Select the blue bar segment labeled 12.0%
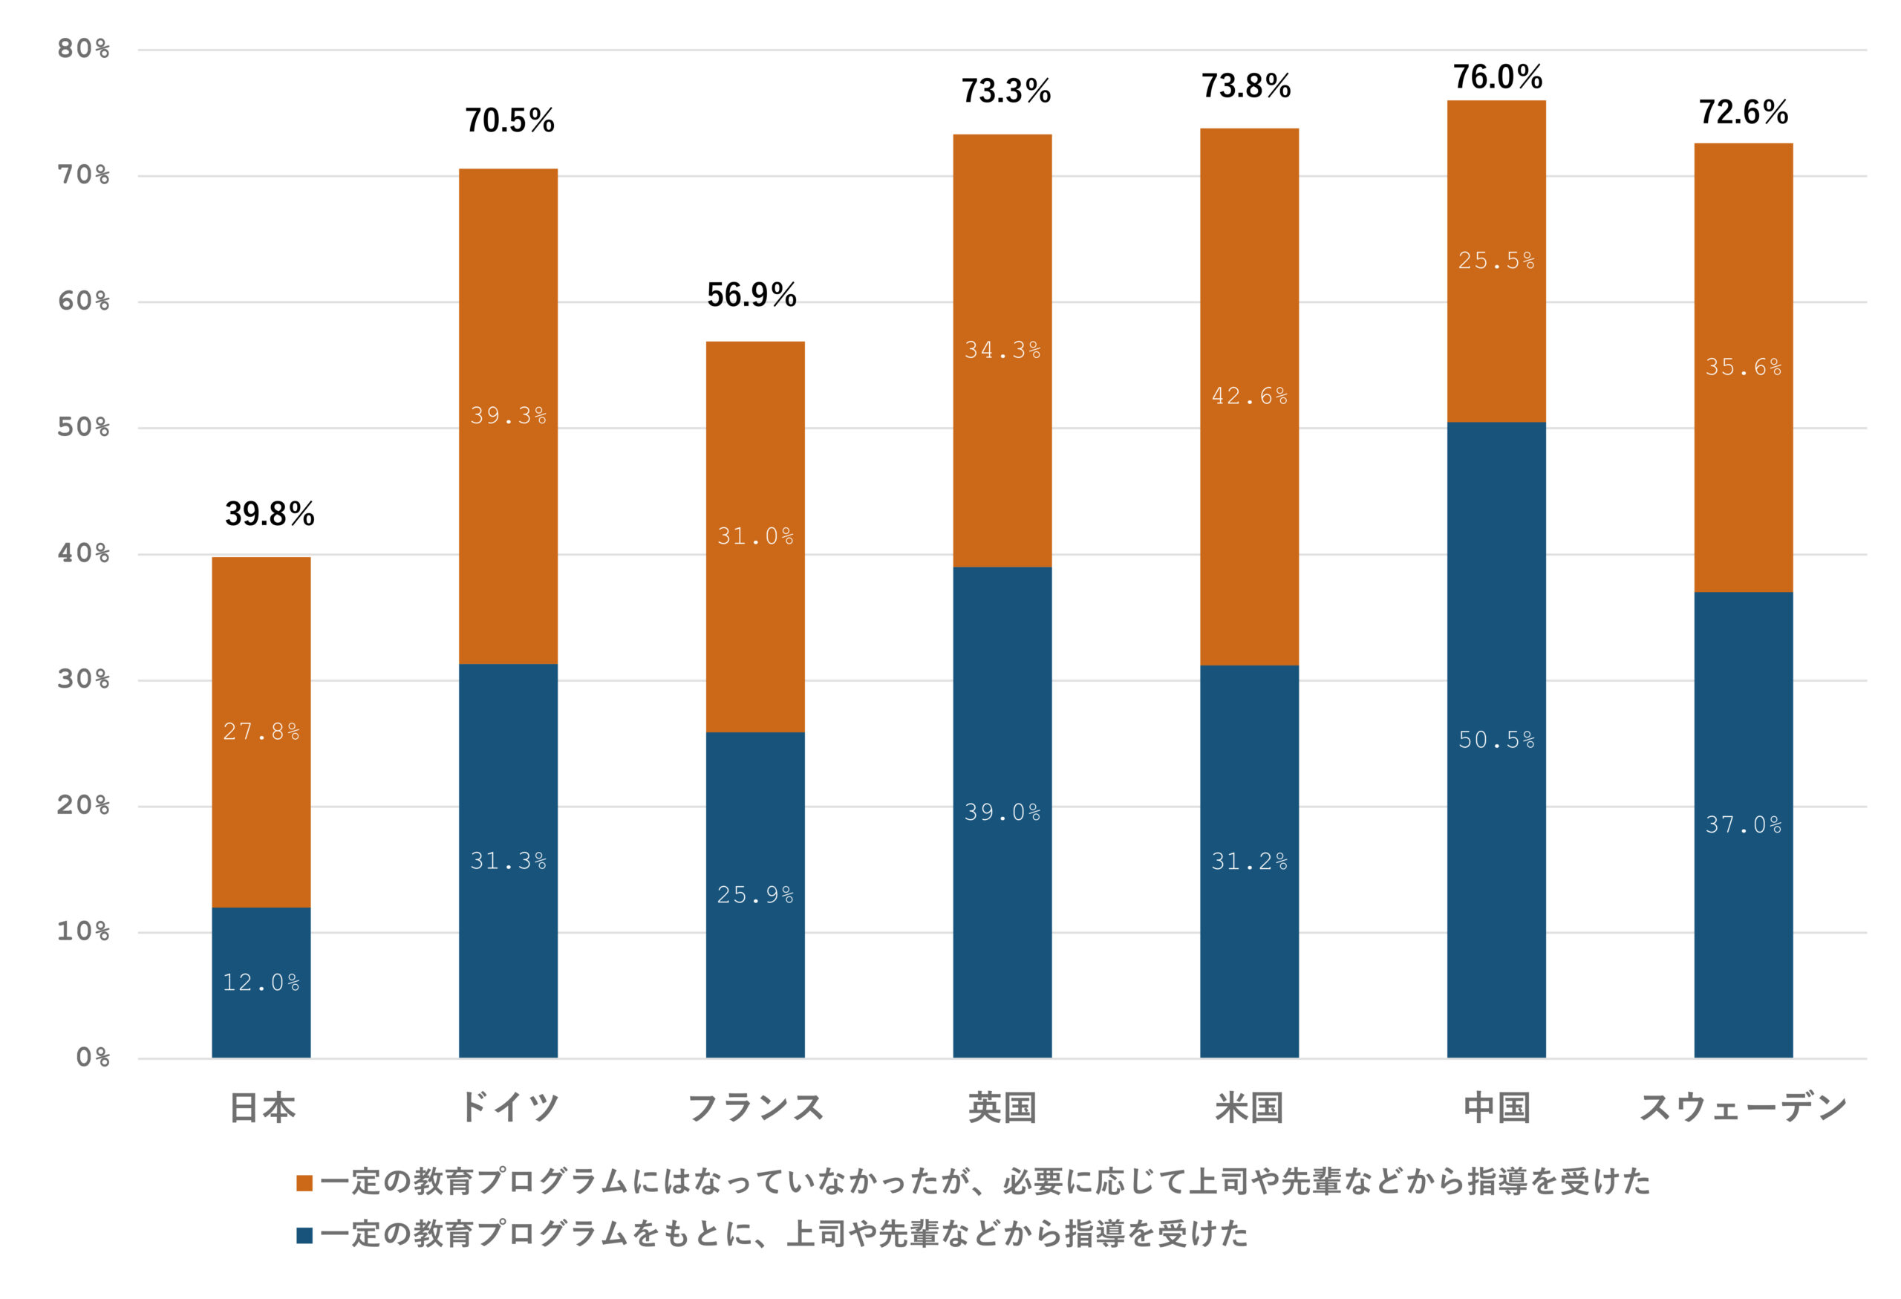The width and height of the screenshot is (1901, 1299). click(261, 982)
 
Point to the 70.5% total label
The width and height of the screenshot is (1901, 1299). click(509, 121)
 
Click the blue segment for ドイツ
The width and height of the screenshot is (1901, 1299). click(508, 861)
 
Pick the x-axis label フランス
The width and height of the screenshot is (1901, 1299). click(755, 1107)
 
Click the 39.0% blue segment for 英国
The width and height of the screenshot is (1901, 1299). click(1002, 813)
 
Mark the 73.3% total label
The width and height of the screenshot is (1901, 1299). click(1005, 91)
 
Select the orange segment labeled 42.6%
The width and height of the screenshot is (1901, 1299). click(1249, 397)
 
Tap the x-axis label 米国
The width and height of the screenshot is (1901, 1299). click(1249, 1107)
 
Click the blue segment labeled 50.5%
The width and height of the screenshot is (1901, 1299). click(1496, 740)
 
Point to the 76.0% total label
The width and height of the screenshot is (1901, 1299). click(1497, 78)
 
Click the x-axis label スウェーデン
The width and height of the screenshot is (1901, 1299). click(1743, 1107)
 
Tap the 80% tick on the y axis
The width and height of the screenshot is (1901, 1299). click(83, 50)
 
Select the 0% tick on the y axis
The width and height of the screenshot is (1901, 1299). click(92, 1058)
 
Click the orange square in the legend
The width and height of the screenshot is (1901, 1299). click(304, 1183)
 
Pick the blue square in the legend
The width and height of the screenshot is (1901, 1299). click(304, 1235)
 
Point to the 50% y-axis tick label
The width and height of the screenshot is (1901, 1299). click(83, 428)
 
